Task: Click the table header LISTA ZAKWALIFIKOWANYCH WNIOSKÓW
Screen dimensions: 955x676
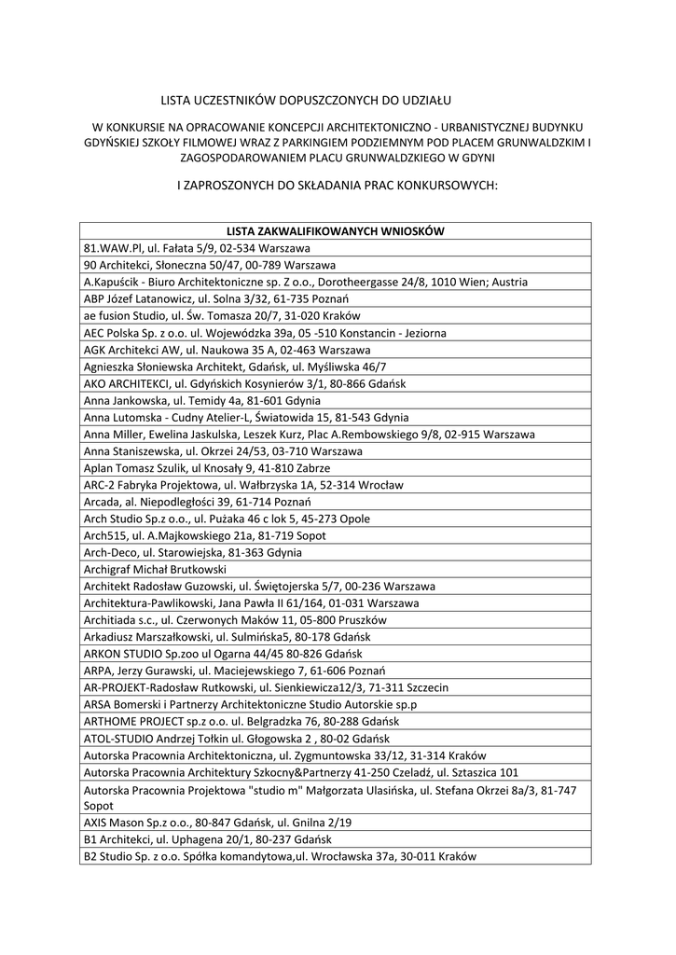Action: coord(335,230)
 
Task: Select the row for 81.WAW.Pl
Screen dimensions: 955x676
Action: coord(197,247)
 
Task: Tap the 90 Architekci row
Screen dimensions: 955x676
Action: coord(197,265)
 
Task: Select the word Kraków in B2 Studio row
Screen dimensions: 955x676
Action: coord(457,856)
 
